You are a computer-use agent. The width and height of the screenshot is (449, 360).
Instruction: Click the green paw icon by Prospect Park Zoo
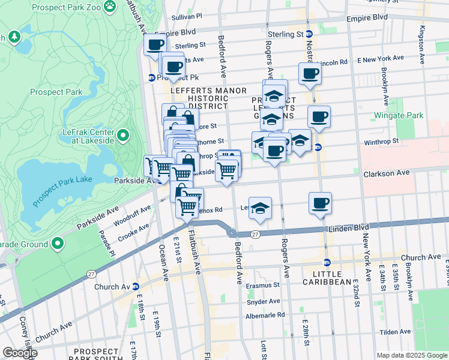[x=109, y=6]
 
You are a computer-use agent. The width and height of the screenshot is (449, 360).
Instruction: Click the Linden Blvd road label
[x=347, y=229]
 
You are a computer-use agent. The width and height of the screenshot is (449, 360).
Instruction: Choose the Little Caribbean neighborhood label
[x=327, y=278]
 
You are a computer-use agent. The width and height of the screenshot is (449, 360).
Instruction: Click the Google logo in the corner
[x=20, y=352]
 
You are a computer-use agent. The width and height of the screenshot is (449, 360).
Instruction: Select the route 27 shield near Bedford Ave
[x=255, y=234]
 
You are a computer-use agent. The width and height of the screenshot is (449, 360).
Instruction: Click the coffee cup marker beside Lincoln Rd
[x=310, y=73]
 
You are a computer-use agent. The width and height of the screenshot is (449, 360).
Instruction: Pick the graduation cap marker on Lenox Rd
[x=260, y=208]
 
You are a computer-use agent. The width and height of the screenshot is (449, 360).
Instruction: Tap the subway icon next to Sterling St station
[x=309, y=34]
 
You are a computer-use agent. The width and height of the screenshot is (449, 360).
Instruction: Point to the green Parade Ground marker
[x=58, y=244]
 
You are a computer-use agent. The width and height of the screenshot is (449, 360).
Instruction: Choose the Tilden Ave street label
[x=394, y=332]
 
